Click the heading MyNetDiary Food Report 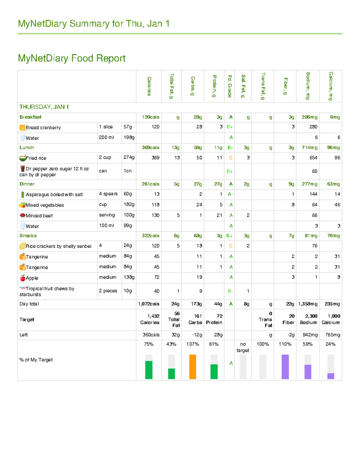(72, 58)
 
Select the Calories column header (149, 86)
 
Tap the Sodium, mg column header (308, 86)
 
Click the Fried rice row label (36, 158)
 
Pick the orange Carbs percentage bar (193, 367)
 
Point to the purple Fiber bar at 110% (285, 367)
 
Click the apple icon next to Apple (22, 278)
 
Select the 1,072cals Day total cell (149, 304)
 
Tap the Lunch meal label (27, 148)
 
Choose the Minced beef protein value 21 (219, 215)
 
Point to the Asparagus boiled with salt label (54, 195)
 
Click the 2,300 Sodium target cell (308, 319)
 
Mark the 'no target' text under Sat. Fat (243, 347)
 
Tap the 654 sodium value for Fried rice (313, 158)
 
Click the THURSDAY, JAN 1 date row (44, 107)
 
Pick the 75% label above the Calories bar (149, 344)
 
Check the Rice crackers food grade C (231, 246)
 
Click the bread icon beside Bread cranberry (22, 128)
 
